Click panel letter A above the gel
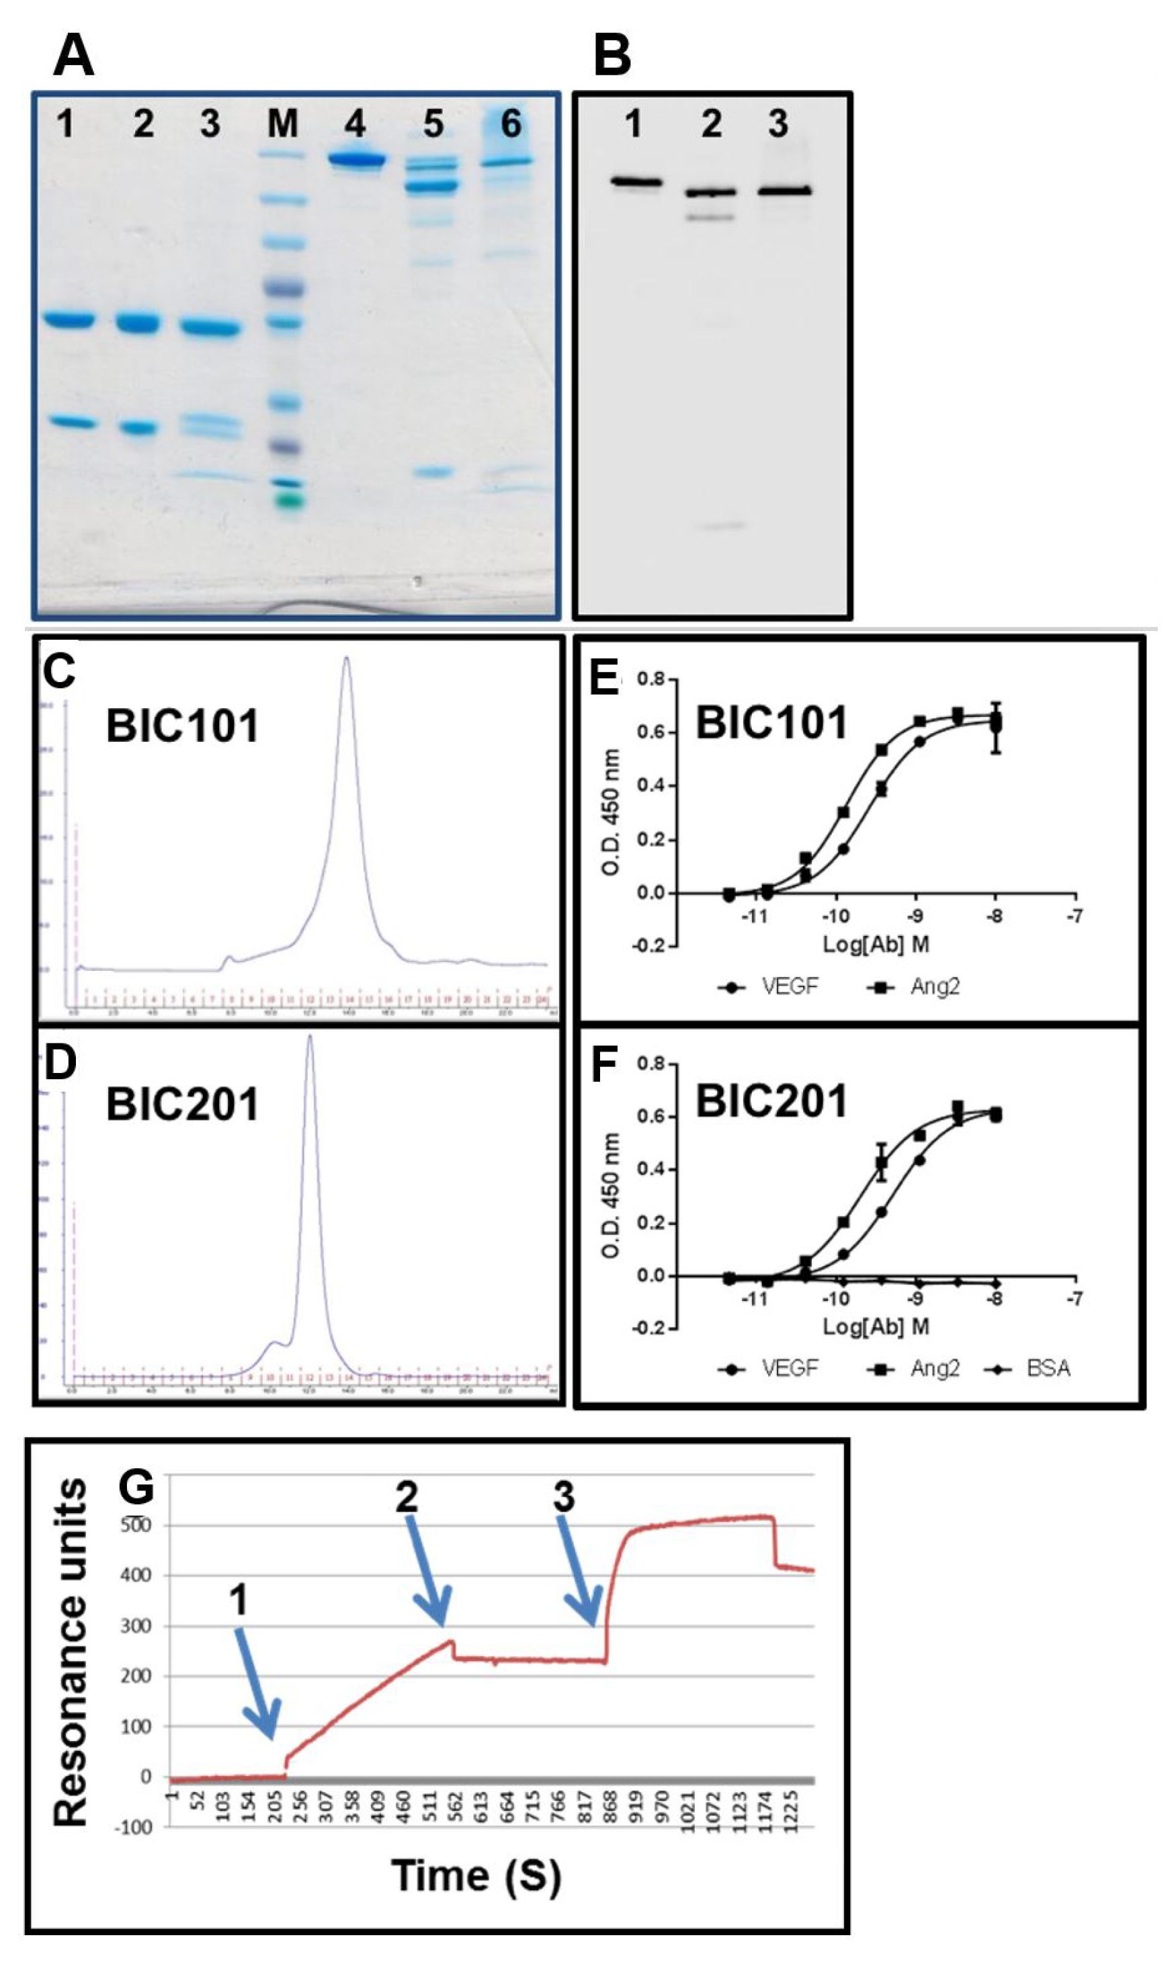(74, 57)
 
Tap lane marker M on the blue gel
(283, 124)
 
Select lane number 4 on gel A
(355, 124)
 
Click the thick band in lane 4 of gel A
(358, 160)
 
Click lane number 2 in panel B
(711, 124)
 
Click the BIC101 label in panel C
(182, 726)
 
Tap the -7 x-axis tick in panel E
(1075, 916)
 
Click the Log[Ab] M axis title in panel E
(876, 944)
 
